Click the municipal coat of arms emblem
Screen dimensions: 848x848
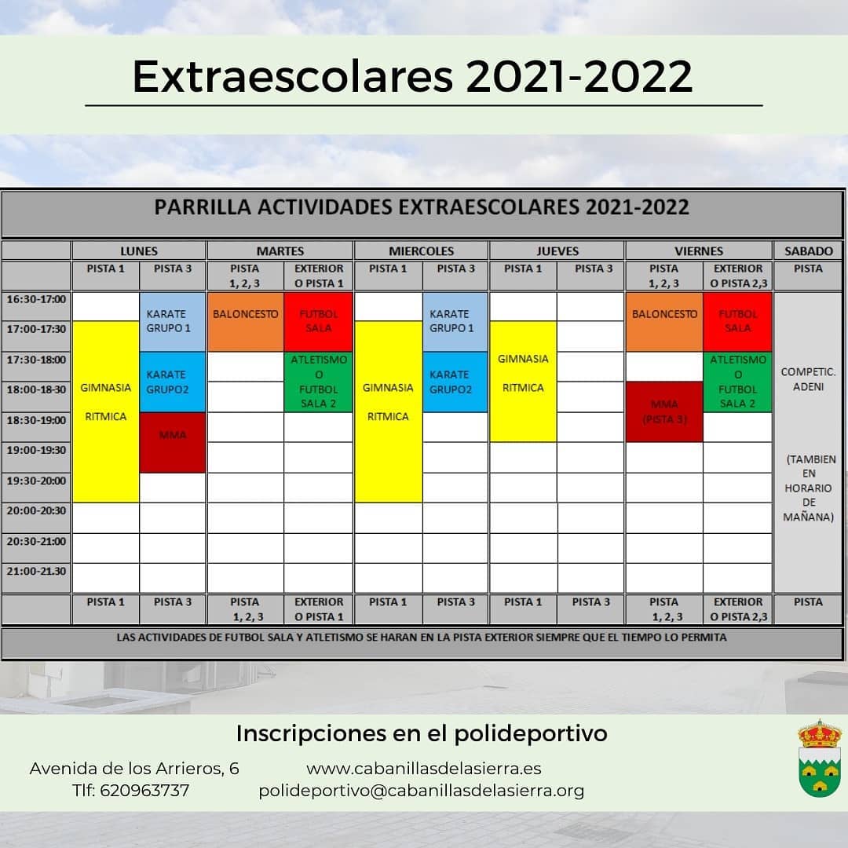(x=819, y=759)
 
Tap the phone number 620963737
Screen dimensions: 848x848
(x=144, y=791)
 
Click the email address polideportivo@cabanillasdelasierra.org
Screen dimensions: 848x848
(x=422, y=791)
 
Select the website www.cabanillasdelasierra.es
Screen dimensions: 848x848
(x=423, y=768)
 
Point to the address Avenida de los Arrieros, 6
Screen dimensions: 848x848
(x=134, y=768)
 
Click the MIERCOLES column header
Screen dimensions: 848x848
(x=421, y=251)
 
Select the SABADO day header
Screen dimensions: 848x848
(x=808, y=251)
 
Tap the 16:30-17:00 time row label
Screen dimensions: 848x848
(x=36, y=299)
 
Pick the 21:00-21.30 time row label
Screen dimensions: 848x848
(x=36, y=571)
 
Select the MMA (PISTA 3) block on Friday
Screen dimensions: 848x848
(x=663, y=411)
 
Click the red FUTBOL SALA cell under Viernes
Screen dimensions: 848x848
(x=737, y=321)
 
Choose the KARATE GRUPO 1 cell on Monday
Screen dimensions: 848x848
(x=173, y=321)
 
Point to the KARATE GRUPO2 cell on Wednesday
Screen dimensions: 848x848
(x=455, y=382)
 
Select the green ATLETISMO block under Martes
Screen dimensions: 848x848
(x=318, y=382)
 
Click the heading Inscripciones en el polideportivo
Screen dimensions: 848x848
(x=422, y=733)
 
